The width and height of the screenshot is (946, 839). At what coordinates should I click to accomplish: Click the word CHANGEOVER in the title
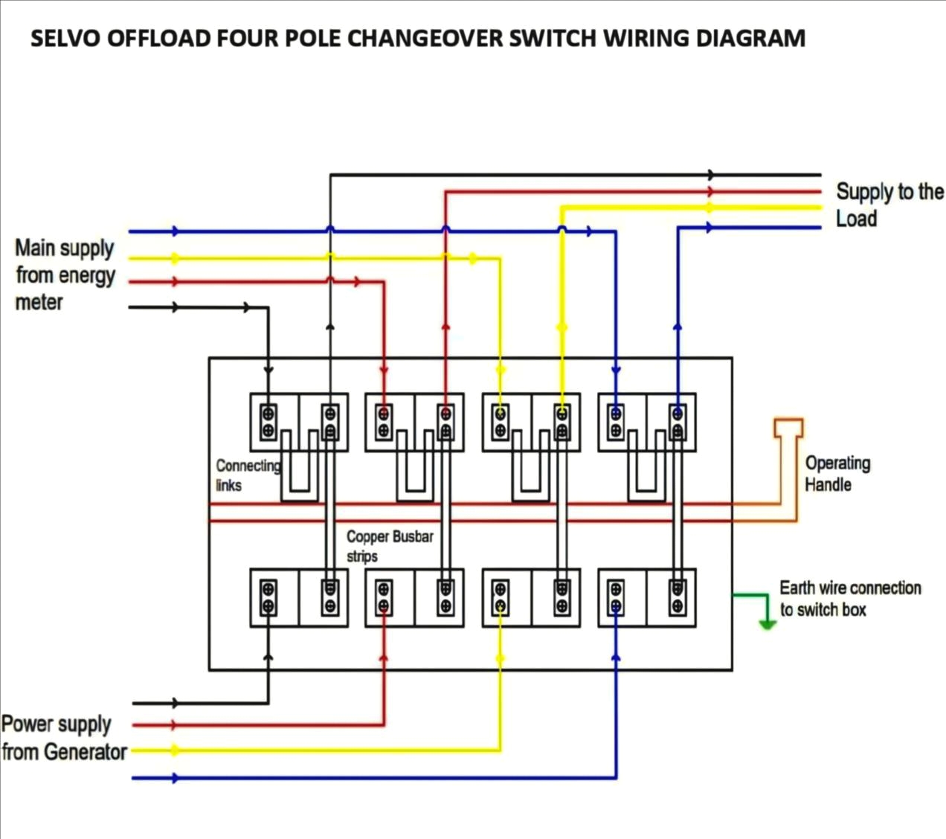click(426, 38)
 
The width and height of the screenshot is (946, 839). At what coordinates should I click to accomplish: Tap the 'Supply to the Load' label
click(889, 205)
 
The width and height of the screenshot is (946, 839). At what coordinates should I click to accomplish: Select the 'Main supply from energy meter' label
click(65, 275)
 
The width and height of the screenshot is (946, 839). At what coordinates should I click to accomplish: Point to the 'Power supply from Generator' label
click(64, 737)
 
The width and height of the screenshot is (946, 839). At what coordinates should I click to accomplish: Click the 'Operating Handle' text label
click(837, 474)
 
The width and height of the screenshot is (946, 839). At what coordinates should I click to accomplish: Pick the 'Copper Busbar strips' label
click(390, 546)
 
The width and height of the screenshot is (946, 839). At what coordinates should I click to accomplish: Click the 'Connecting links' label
click(247, 475)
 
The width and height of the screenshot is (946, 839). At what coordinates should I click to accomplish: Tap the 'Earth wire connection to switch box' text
click(850, 599)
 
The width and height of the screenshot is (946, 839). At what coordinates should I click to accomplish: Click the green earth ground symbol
click(767, 623)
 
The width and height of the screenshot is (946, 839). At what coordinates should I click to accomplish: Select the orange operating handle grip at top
click(788, 428)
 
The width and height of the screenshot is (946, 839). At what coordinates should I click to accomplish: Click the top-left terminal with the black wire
click(268, 422)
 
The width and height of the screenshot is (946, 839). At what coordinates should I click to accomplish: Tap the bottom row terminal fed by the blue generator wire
click(616, 598)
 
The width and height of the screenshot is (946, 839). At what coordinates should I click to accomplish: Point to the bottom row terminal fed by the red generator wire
click(384, 598)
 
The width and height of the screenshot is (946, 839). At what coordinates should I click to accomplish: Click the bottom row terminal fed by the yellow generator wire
click(501, 598)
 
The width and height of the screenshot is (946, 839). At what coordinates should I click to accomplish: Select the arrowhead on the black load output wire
click(712, 175)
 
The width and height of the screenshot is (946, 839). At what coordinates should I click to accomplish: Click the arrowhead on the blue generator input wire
click(175, 778)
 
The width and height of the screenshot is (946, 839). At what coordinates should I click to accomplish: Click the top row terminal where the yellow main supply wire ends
click(501, 422)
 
